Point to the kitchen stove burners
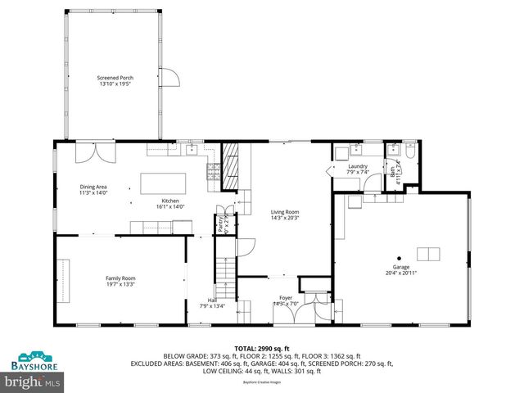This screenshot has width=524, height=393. click(213, 170)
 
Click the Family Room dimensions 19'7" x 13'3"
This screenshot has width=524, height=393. click(120, 284)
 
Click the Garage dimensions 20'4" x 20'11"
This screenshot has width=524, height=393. click(401, 273)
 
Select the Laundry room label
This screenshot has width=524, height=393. click(357, 166)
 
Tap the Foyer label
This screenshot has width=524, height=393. click(285, 298)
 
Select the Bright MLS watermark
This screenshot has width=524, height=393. click(33, 381)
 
